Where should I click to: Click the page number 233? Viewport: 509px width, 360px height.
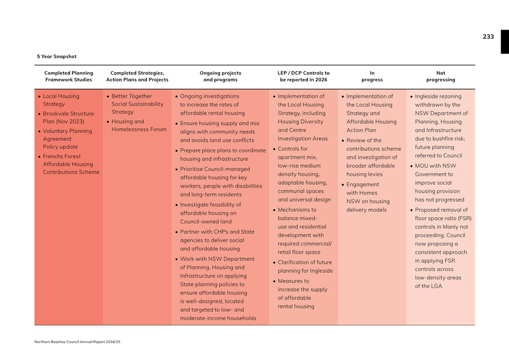click(488, 37)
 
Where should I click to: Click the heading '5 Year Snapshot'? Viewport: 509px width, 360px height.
click(57, 56)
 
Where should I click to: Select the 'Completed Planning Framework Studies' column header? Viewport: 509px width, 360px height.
click(68, 76)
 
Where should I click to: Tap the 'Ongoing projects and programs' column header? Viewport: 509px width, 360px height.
click(220, 76)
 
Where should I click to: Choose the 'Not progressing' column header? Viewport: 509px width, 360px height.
click(441, 76)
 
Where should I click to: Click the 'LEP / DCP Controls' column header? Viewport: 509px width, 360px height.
click(303, 76)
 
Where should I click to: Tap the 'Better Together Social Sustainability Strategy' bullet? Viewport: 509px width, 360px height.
click(137, 104)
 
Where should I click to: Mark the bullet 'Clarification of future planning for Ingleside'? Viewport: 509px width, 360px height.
click(304, 267)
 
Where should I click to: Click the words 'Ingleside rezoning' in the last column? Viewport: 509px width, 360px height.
click(438, 96)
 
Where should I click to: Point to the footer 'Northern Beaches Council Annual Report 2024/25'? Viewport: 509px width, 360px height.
click(77, 342)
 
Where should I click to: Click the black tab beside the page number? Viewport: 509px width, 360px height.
click(505, 42)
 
